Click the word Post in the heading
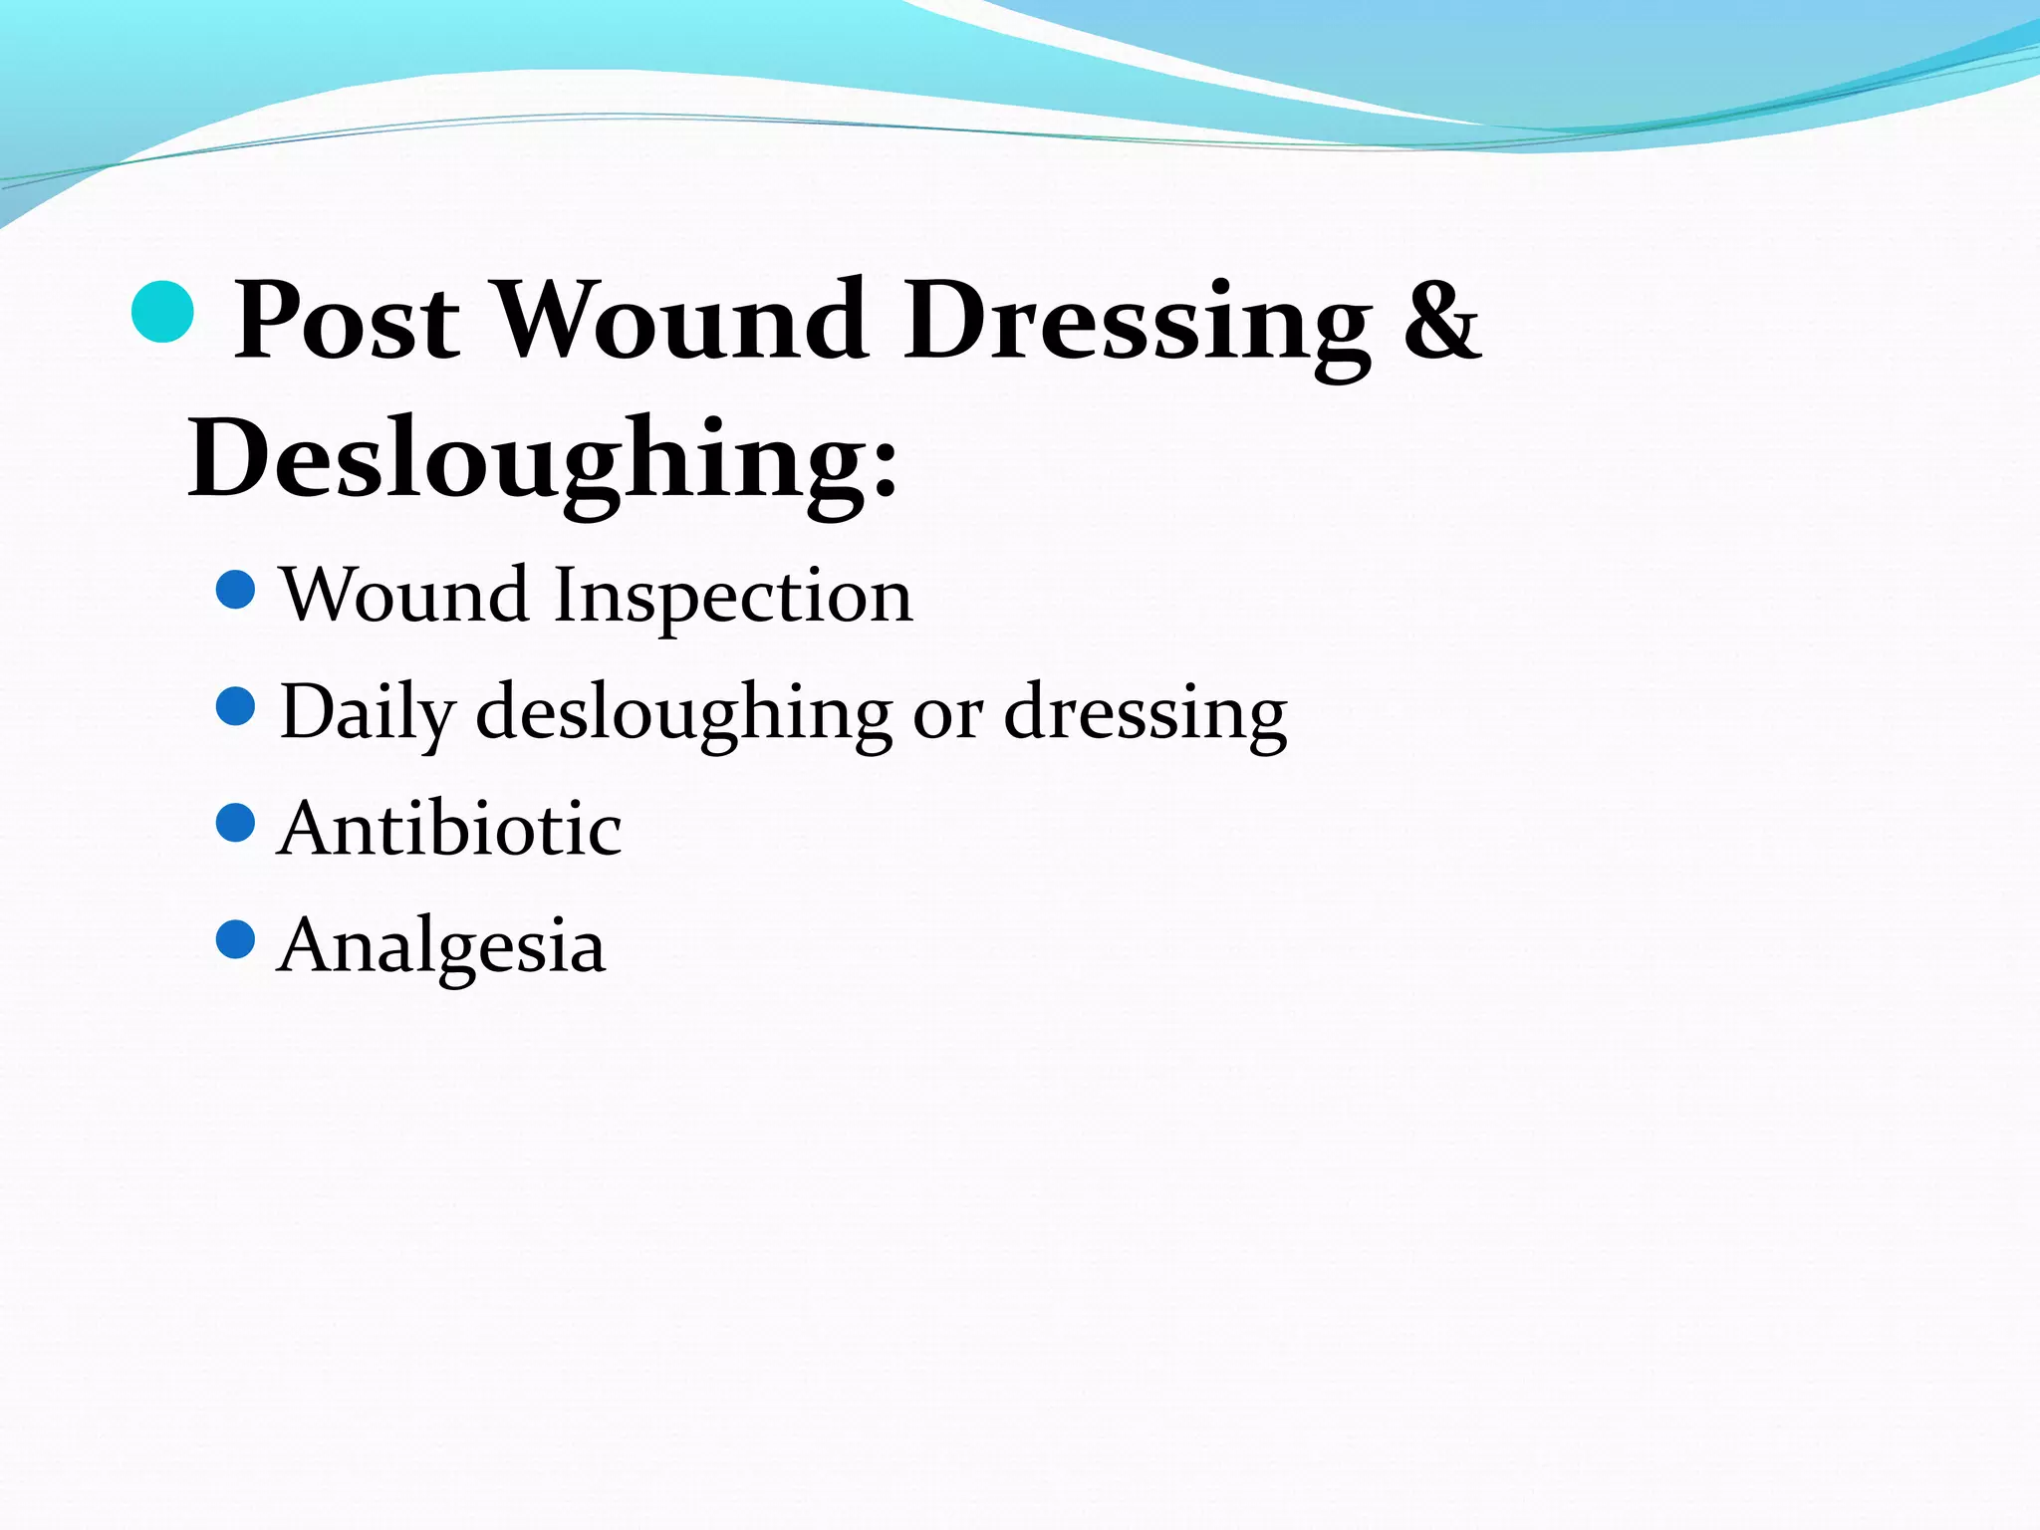point(347,321)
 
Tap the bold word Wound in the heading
point(681,321)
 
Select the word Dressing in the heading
point(1137,321)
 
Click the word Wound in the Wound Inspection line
point(403,596)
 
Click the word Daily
point(368,713)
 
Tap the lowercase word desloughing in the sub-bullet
point(684,713)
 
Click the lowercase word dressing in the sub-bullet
point(1146,713)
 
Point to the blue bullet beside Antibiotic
point(236,823)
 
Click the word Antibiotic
point(450,829)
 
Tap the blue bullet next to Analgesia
point(236,939)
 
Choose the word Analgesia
point(441,945)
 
